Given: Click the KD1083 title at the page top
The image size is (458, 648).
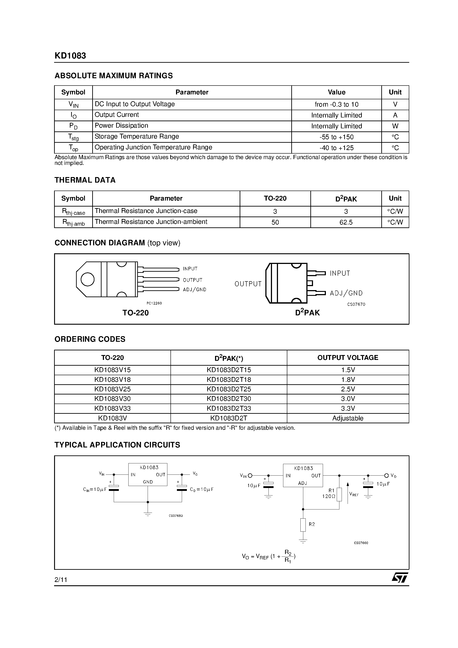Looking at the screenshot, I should click(70, 56).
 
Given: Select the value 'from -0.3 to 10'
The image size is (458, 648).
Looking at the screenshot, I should click(336, 104).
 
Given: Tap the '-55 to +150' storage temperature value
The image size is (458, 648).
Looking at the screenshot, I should click(336, 137).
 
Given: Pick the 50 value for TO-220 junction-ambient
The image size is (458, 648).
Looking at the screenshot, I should click(275, 223).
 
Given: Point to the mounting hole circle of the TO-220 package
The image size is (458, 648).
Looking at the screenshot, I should click(88, 279).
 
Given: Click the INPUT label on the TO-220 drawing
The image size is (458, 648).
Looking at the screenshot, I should click(190, 269).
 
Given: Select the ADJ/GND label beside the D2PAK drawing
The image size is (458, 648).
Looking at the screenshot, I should click(346, 293).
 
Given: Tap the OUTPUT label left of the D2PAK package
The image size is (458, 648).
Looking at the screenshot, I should click(248, 284).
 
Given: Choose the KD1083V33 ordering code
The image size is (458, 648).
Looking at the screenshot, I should click(112, 408).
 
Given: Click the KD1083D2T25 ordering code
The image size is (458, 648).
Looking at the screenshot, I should click(229, 389).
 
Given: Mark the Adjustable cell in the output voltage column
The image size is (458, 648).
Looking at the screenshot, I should click(348, 418).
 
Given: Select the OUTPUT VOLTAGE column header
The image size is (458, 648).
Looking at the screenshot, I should click(348, 358).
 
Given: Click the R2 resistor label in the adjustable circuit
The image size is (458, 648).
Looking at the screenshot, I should click(312, 524).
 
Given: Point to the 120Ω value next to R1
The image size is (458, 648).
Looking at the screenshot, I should click(329, 496).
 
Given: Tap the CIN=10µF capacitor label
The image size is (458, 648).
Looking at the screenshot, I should click(95, 489).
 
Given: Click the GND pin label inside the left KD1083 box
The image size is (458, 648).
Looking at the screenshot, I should click(148, 482).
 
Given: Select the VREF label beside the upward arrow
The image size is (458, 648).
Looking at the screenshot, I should click(354, 494).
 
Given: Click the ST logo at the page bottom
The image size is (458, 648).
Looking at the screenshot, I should click(399, 578).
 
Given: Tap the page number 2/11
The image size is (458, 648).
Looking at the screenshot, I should click(61, 580).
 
